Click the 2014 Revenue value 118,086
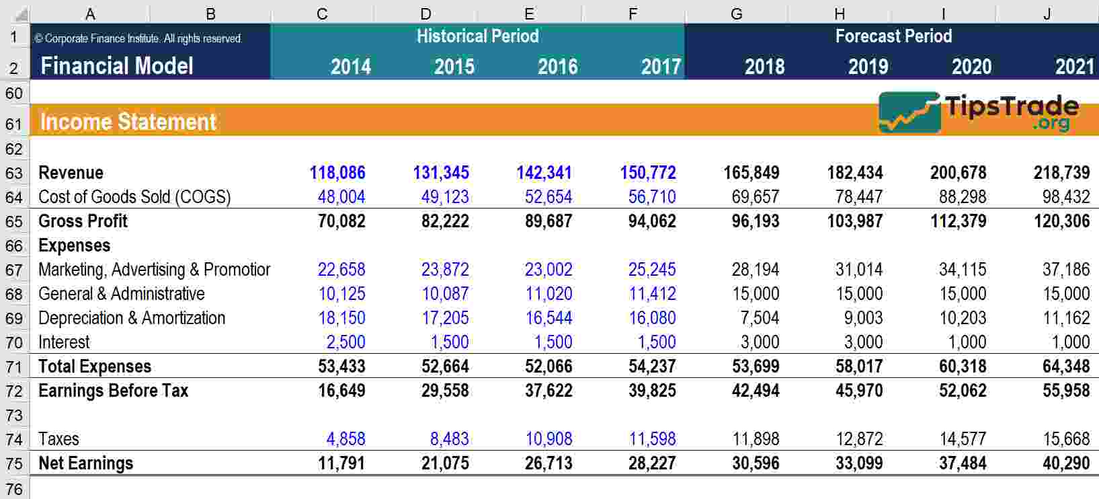(x=337, y=173)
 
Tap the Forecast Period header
(x=893, y=36)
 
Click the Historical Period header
(x=477, y=36)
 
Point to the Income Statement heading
(x=128, y=122)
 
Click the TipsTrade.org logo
(x=979, y=112)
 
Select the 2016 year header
(x=557, y=67)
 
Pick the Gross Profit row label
(x=83, y=221)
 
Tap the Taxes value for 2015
(x=449, y=439)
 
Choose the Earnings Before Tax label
(x=113, y=391)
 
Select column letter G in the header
(x=737, y=13)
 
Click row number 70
(x=14, y=342)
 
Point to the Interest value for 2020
(x=967, y=342)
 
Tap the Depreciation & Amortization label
(x=132, y=318)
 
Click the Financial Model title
(x=117, y=66)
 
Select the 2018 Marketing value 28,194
(x=756, y=270)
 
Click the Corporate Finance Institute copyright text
(x=138, y=39)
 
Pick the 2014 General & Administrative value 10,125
(x=341, y=294)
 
